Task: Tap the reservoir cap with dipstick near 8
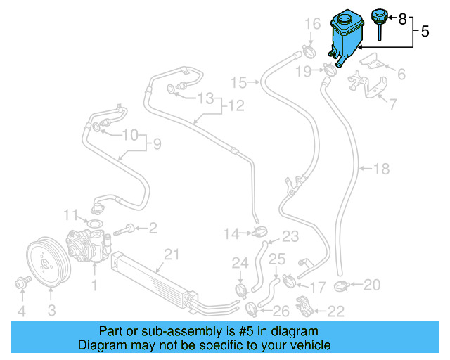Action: pyautogui.click(x=379, y=18)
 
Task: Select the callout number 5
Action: pyautogui.click(x=424, y=31)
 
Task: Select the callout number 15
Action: pyautogui.click(x=239, y=83)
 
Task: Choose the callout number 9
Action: pyautogui.click(x=157, y=145)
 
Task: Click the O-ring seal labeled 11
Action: pyautogui.click(x=92, y=224)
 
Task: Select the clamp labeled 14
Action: pyautogui.click(x=258, y=232)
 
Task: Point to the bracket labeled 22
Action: pyautogui.click(x=303, y=307)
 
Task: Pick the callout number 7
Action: pyautogui.click(x=392, y=105)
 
